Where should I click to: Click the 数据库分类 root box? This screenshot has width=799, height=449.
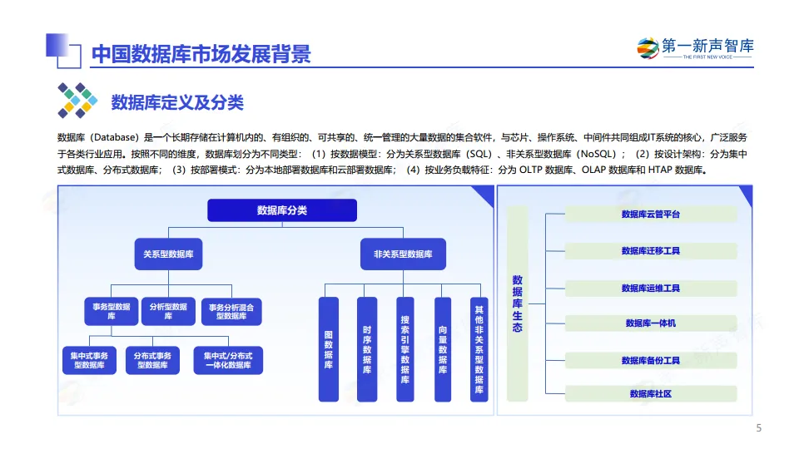tap(281, 210)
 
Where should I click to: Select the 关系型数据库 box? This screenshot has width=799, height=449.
tap(168, 254)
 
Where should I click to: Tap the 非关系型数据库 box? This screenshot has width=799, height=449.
tap(403, 254)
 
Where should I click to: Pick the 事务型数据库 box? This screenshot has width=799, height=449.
tap(111, 312)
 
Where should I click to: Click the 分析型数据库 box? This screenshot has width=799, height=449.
tap(168, 312)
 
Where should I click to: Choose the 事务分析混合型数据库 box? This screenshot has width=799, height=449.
tap(232, 312)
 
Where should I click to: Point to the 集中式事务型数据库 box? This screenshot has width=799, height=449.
tap(88, 360)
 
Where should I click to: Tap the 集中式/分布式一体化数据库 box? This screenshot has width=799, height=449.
tap(227, 360)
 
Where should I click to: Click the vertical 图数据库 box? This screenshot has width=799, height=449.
tap(329, 349)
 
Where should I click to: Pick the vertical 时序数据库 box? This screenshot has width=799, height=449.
tap(367, 349)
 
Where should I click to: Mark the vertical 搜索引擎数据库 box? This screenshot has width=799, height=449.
tap(405, 349)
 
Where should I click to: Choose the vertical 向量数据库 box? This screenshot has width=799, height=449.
tap(443, 349)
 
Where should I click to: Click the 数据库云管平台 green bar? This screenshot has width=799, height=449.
tap(651, 215)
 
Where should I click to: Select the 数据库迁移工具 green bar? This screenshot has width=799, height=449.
tap(651, 251)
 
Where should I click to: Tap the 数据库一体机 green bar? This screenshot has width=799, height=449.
tap(651, 323)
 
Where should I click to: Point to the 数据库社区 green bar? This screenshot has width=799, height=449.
tap(651, 394)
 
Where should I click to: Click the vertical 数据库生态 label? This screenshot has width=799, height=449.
tap(517, 304)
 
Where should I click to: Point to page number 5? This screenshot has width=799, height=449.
tap(758, 429)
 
